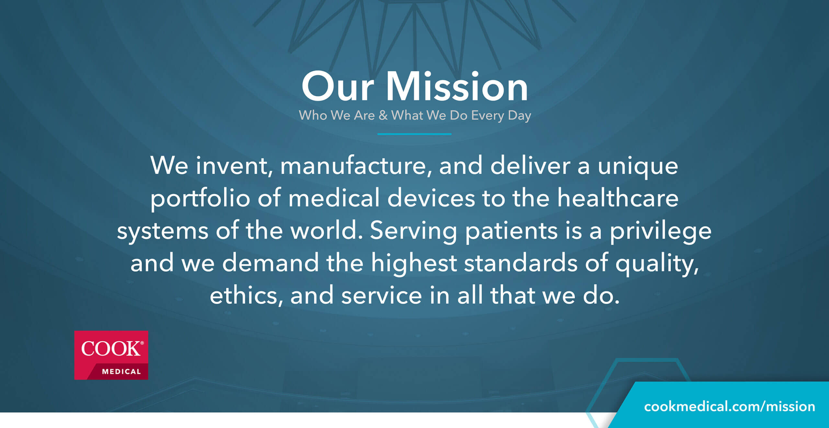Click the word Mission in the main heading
457,86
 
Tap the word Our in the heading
337,86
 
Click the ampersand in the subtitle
383,115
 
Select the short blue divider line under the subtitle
414,134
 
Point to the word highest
414,263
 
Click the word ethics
246,296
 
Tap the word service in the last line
381,296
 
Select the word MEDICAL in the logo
121,372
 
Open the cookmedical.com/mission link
730,407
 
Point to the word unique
638,167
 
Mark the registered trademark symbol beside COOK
142,343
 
